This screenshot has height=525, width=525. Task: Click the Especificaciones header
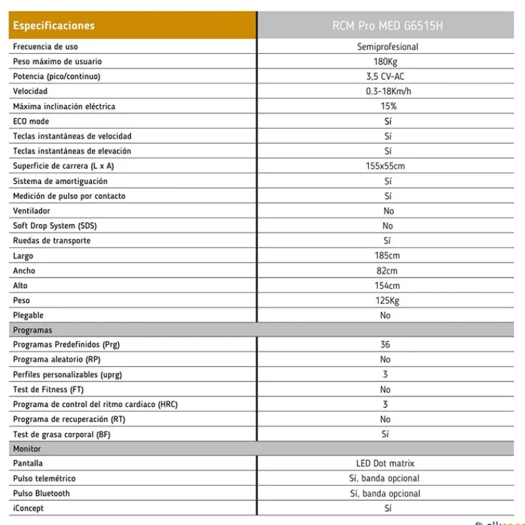coord(54,26)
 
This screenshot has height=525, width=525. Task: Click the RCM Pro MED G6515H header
coord(387,26)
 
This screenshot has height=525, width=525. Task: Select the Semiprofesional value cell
coord(387,47)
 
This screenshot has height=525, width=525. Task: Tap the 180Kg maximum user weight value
coord(385,62)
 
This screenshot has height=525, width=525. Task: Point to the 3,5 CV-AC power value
coord(385,77)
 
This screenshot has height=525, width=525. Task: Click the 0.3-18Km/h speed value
coord(388,91)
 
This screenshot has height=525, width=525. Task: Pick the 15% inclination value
coord(388,106)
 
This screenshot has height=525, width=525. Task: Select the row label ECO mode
coord(31,121)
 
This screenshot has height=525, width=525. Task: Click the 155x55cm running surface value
coord(385,166)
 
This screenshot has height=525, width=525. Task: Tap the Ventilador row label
coord(31,211)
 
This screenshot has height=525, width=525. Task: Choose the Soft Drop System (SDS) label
coord(54,226)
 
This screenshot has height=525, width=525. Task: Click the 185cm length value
coord(387,255)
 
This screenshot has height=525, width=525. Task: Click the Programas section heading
coord(32,330)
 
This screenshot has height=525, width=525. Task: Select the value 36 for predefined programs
coord(385,345)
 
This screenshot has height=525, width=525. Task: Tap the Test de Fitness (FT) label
coord(49,390)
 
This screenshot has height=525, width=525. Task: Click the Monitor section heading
coord(27,449)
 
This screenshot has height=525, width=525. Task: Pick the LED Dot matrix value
coord(385,463)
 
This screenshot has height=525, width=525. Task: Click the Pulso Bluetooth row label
coord(41,493)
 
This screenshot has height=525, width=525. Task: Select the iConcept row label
coord(28,508)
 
